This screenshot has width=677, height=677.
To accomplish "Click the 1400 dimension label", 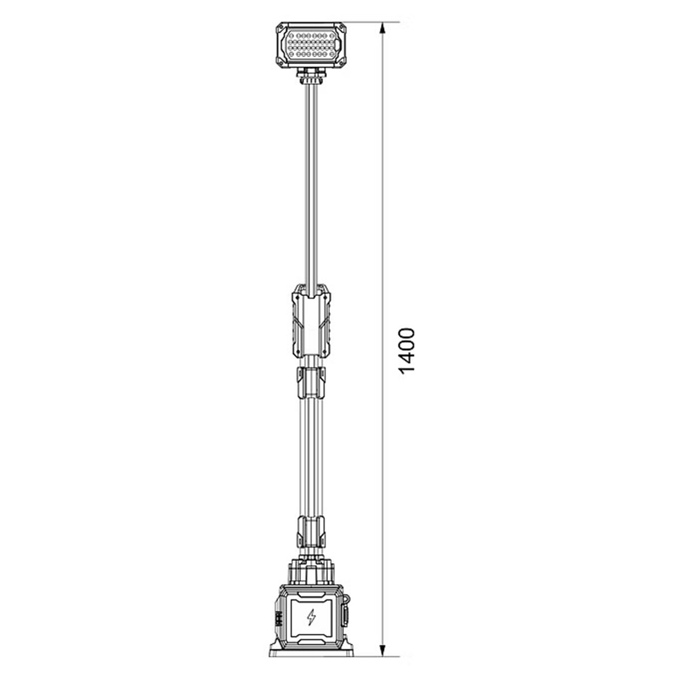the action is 407,351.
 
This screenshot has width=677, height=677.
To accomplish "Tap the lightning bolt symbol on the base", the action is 311,618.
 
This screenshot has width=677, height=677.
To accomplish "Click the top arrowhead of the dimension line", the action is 382,28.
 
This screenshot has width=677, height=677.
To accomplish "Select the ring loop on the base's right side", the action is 346,599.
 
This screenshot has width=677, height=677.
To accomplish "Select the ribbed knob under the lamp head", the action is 311,76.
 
